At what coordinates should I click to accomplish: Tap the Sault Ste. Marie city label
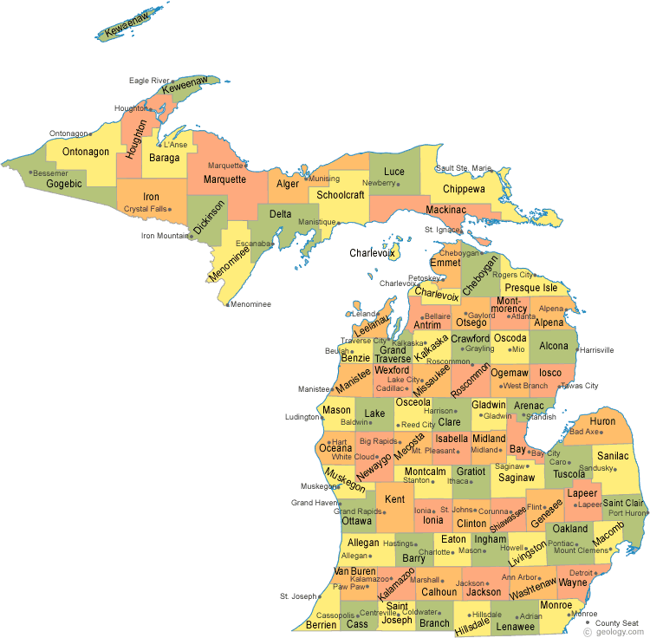click(x=464, y=168)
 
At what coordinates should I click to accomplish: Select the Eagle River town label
click(x=149, y=81)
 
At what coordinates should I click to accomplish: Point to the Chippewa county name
click(x=465, y=188)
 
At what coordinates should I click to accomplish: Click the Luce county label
click(x=394, y=172)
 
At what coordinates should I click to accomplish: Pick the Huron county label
click(x=602, y=421)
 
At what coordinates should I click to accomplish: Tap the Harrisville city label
click(x=596, y=350)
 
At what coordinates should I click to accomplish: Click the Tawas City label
click(x=580, y=386)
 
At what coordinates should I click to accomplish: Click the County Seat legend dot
click(x=588, y=622)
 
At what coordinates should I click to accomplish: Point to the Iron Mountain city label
click(x=165, y=235)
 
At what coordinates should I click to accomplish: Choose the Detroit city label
click(x=580, y=573)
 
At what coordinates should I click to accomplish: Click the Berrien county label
click(x=321, y=624)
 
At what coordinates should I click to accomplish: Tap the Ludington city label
click(x=302, y=417)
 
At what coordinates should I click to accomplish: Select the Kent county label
click(x=395, y=499)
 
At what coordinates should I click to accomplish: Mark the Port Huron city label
click(x=627, y=513)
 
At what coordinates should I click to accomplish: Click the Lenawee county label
click(x=516, y=624)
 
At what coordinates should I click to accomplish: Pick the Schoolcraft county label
click(x=340, y=195)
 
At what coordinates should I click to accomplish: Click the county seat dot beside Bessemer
click(x=31, y=173)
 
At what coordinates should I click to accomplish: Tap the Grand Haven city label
click(x=313, y=503)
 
